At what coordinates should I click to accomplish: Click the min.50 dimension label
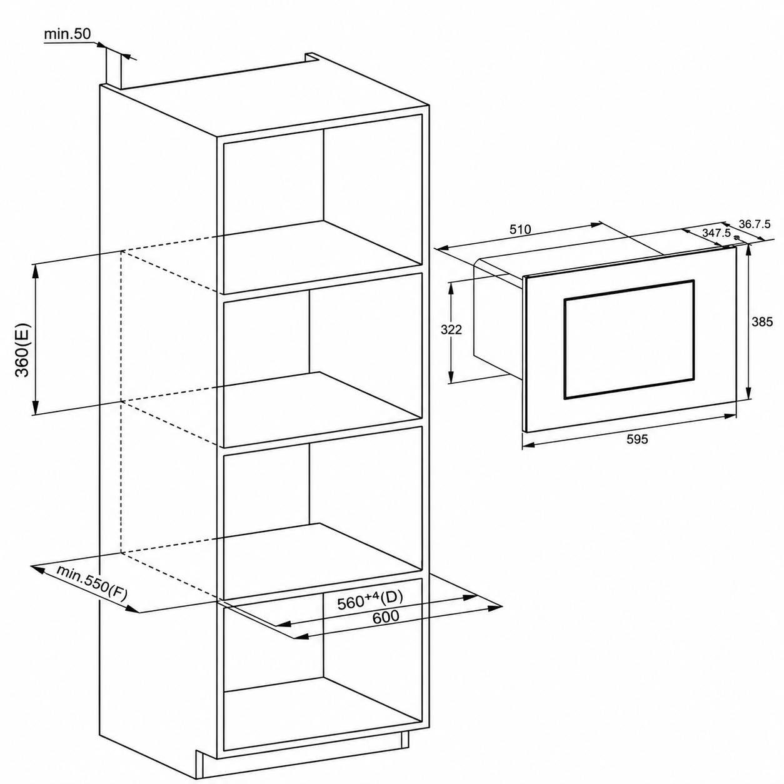click(x=67, y=34)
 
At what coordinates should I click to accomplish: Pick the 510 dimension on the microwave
click(x=520, y=229)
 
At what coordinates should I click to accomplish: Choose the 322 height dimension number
click(x=451, y=329)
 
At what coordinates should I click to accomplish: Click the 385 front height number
click(x=761, y=322)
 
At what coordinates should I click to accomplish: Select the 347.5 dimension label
click(x=716, y=233)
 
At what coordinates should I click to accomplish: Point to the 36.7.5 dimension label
click(x=755, y=224)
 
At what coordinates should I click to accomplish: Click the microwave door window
click(x=628, y=338)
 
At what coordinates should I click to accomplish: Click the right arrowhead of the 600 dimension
click(x=495, y=620)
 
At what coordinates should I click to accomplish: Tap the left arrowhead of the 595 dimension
click(x=528, y=445)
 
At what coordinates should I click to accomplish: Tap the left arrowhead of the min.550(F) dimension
click(x=38, y=570)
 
